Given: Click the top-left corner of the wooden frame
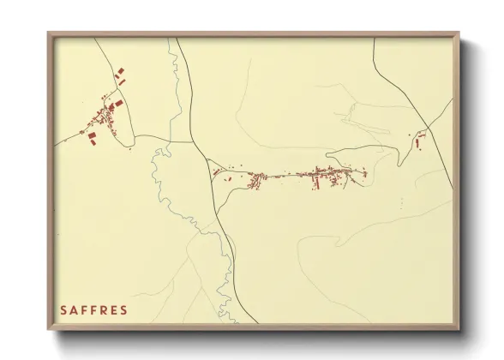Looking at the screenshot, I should (49, 33).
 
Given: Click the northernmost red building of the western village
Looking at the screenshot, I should (121, 68).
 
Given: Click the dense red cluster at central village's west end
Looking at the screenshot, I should (255, 180).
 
